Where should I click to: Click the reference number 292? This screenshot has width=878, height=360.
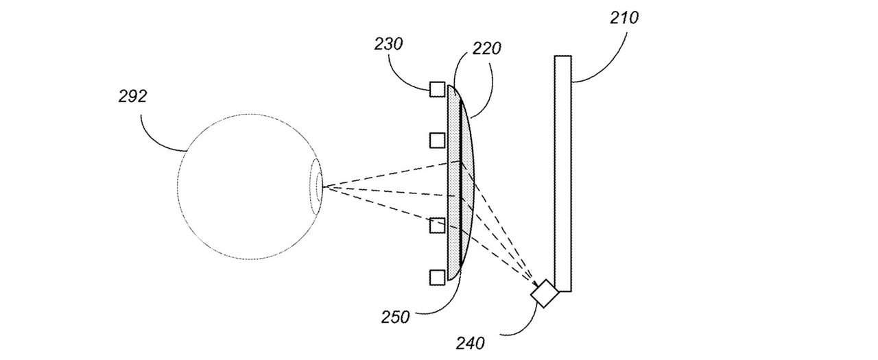pos(132,96)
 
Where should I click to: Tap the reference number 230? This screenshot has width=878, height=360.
pos(388,45)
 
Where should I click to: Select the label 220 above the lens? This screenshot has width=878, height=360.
pos(486,49)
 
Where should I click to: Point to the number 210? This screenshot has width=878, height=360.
pos(624,18)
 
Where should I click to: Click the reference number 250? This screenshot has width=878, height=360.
pos(395,317)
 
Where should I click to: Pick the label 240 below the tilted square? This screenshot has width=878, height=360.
pos(470,343)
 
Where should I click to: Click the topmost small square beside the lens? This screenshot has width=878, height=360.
pos(438,89)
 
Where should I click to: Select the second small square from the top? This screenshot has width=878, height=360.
pos(438,141)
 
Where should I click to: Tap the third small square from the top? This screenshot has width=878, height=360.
pos(438,226)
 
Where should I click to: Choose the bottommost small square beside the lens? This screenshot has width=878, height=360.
pos(438,277)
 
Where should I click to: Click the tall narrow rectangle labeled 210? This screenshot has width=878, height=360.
pos(563,173)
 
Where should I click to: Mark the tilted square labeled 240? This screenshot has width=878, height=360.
pos(545,293)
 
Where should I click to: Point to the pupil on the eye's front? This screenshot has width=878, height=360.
pos(319,187)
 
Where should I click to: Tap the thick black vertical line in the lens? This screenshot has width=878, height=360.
pos(460,183)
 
